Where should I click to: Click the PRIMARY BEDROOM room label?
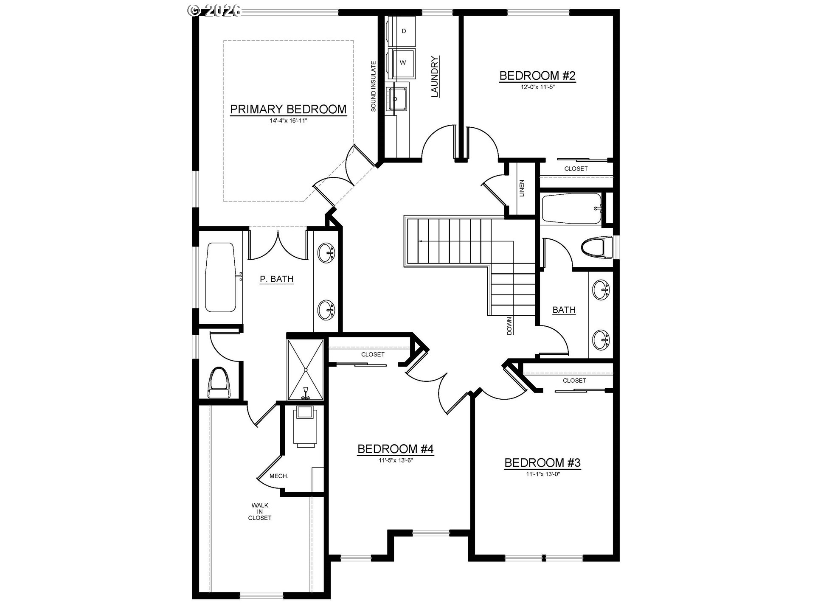[288, 109]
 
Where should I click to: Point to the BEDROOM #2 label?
[537, 76]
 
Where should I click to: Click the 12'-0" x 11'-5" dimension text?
[538, 87]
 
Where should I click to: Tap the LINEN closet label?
[522, 188]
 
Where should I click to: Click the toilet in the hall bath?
[597, 248]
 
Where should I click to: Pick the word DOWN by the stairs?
[509, 326]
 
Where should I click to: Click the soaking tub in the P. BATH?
[220, 277]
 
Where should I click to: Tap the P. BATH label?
[277, 279]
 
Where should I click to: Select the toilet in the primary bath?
[220, 382]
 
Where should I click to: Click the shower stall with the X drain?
[306, 370]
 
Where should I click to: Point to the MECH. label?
[279, 476]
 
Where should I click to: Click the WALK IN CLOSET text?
[260, 511]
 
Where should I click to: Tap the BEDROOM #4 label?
[396, 449]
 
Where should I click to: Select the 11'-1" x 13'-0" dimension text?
[543, 474]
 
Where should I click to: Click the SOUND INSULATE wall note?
[374, 87]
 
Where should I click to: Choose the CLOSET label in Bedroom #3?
[574, 381]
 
